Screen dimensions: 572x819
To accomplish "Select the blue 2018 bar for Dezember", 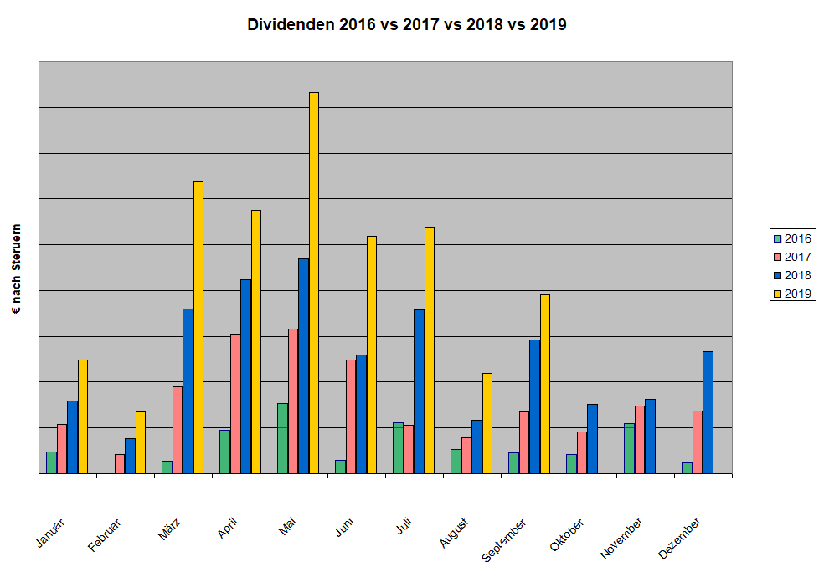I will (x=708, y=412).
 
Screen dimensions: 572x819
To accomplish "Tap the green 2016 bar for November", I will (x=629, y=448).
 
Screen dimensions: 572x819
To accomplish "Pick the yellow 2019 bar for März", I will (x=198, y=327).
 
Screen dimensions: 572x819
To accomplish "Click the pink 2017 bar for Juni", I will (x=351, y=416).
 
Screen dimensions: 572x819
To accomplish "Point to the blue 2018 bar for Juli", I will (x=420, y=391).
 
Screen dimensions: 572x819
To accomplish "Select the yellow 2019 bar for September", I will (x=545, y=384).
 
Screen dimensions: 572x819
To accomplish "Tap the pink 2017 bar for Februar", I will (x=120, y=463).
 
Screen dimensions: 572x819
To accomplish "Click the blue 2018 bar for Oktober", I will (x=592, y=438).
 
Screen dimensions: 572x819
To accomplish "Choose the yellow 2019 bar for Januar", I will (x=83, y=416).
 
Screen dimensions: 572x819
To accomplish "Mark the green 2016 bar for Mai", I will (x=282, y=438).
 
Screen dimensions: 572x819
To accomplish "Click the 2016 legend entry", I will (x=791, y=238).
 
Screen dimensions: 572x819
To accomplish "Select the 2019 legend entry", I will (x=791, y=293).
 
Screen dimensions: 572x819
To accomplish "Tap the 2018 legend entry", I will (x=791, y=274).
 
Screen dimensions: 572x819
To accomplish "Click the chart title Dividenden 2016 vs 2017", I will (x=407, y=25).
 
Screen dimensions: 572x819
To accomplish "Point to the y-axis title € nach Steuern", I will (x=17, y=268).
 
